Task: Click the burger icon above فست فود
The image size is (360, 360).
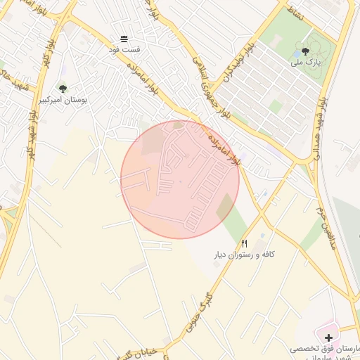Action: (124, 39)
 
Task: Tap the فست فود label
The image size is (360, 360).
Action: (124, 50)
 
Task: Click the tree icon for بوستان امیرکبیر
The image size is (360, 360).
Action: (63, 89)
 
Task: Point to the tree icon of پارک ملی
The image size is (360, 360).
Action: (305, 51)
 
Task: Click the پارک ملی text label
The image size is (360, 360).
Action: (307, 62)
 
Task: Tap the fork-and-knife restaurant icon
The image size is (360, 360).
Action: (244, 243)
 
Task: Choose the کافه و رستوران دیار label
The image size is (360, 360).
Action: (244, 254)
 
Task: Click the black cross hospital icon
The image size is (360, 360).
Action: (328, 338)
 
